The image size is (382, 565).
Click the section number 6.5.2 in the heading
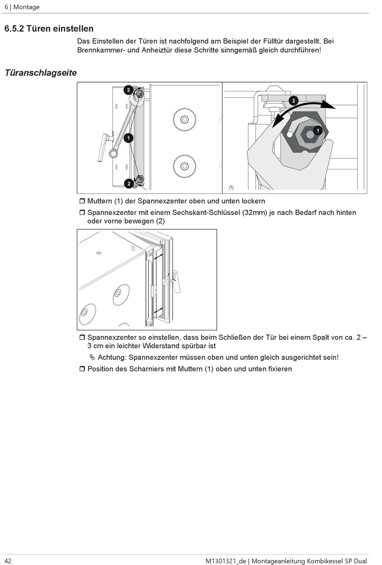point(14,29)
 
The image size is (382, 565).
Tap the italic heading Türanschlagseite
point(41,73)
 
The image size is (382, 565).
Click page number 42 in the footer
point(8,561)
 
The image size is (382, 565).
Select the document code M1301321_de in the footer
point(225,561)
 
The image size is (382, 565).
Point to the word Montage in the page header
point(27,7)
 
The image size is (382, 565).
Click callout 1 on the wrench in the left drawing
point(128,138)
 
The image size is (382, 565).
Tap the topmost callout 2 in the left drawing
point(128,90)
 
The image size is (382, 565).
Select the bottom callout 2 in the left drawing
point(129,184)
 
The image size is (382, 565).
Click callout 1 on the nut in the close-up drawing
point(318,130)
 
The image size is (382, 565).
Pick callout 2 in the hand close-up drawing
point(294,100)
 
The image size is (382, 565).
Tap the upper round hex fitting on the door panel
point(184,119)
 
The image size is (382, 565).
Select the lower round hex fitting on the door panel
point(184,165)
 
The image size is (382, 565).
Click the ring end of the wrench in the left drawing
point(114,153)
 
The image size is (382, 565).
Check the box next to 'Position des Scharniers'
point(82,369)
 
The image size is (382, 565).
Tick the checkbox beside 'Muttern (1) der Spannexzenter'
point(82,201)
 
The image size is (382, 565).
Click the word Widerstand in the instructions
point(160,346)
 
